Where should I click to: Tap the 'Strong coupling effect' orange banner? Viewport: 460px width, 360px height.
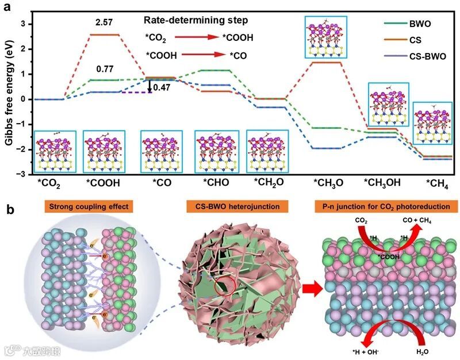(87, 206)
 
